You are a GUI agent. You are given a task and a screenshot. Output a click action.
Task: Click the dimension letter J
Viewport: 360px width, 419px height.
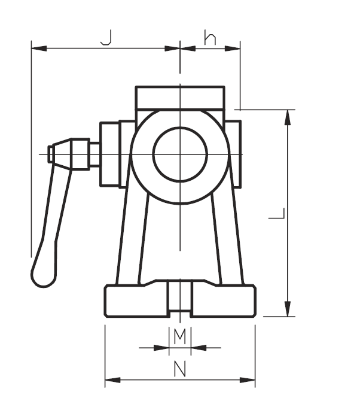pyautogui.click(x=106, y=38)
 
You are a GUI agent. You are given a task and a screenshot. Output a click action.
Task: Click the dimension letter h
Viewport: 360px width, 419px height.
pyautogui.click(x=210, y=38)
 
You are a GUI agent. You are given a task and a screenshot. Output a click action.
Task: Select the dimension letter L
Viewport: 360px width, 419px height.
pyautogui.click(x=277, y=213)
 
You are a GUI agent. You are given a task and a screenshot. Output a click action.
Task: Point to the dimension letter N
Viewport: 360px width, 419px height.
pyautogui.click(x=179, y=370)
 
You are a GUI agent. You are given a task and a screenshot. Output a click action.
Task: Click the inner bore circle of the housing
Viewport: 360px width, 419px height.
pyautogui.click(x=180, y=154)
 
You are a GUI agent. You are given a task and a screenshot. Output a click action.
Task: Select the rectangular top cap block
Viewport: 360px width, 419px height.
pyautogui.click(x=180, y=98)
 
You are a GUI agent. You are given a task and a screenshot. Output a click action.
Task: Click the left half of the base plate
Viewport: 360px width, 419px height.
pyautogui.click(x=136, y=301)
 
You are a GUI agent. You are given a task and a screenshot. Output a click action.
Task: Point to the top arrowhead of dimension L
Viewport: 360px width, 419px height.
pyautogui.click(x=288, y=117)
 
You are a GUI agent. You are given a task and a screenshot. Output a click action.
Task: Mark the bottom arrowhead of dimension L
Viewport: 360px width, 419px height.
pyautogui.click(x=288, y=309)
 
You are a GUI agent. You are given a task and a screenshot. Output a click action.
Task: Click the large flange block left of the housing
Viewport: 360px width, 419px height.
pyautogui.click(x=109, y=154)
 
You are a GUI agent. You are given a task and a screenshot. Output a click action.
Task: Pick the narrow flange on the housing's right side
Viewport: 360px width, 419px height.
pyautogui.click(x=234, y=154)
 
